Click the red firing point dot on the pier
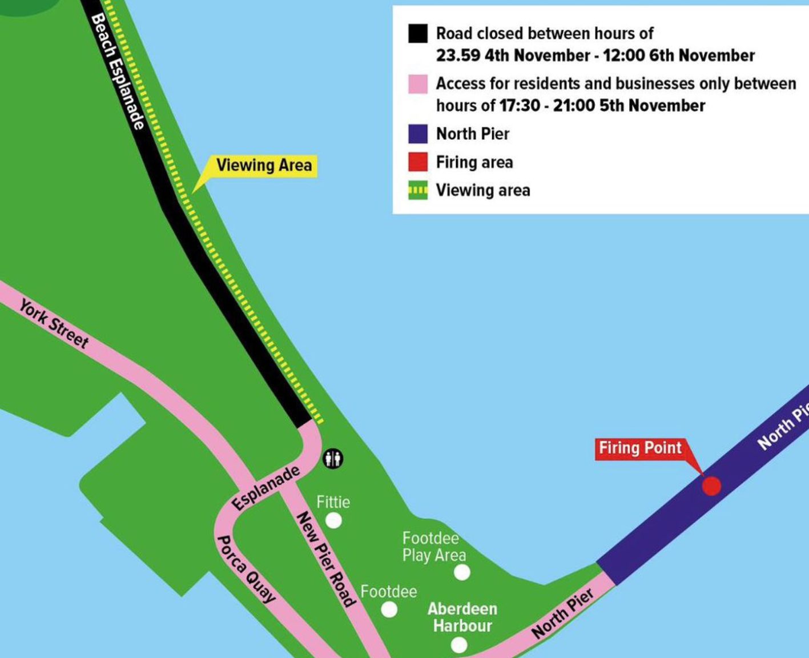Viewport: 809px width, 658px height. pos(711,486)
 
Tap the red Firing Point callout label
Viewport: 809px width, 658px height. pos(640,448)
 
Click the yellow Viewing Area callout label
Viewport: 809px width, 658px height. pos(264,166)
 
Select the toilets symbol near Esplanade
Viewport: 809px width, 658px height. pos(333,458)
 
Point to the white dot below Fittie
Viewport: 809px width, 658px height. pos(333,520)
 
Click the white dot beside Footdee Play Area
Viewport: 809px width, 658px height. pos(461,572)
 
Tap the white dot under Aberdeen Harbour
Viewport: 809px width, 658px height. pos(458,645)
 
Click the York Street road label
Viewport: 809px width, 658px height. pos(54,323)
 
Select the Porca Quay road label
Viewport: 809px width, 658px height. pos(246,569)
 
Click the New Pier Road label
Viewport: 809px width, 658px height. pos(326,559)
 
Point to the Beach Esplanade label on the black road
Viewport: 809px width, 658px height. pos(117,71)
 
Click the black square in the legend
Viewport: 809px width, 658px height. pos(418,34)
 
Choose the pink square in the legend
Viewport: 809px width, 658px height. pos(418,84)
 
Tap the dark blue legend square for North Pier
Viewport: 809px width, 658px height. pos(418,134)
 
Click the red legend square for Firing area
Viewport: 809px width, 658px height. pos(418,162)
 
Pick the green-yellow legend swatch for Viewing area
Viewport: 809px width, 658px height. pos(418,190)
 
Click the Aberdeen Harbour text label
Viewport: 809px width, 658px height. pos(462,617)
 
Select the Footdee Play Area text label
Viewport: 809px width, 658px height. pos(434,547)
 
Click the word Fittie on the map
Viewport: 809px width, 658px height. pos(333,502)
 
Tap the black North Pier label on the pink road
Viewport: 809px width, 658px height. pos(562,613)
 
